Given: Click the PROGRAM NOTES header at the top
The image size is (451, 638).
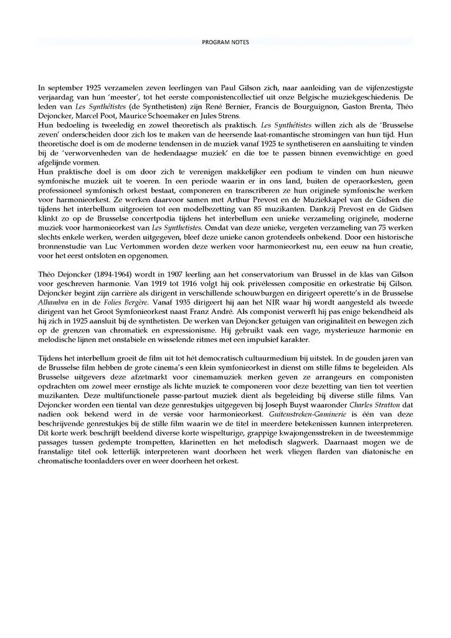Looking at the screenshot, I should pyautogui.click(x=225, y=42).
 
